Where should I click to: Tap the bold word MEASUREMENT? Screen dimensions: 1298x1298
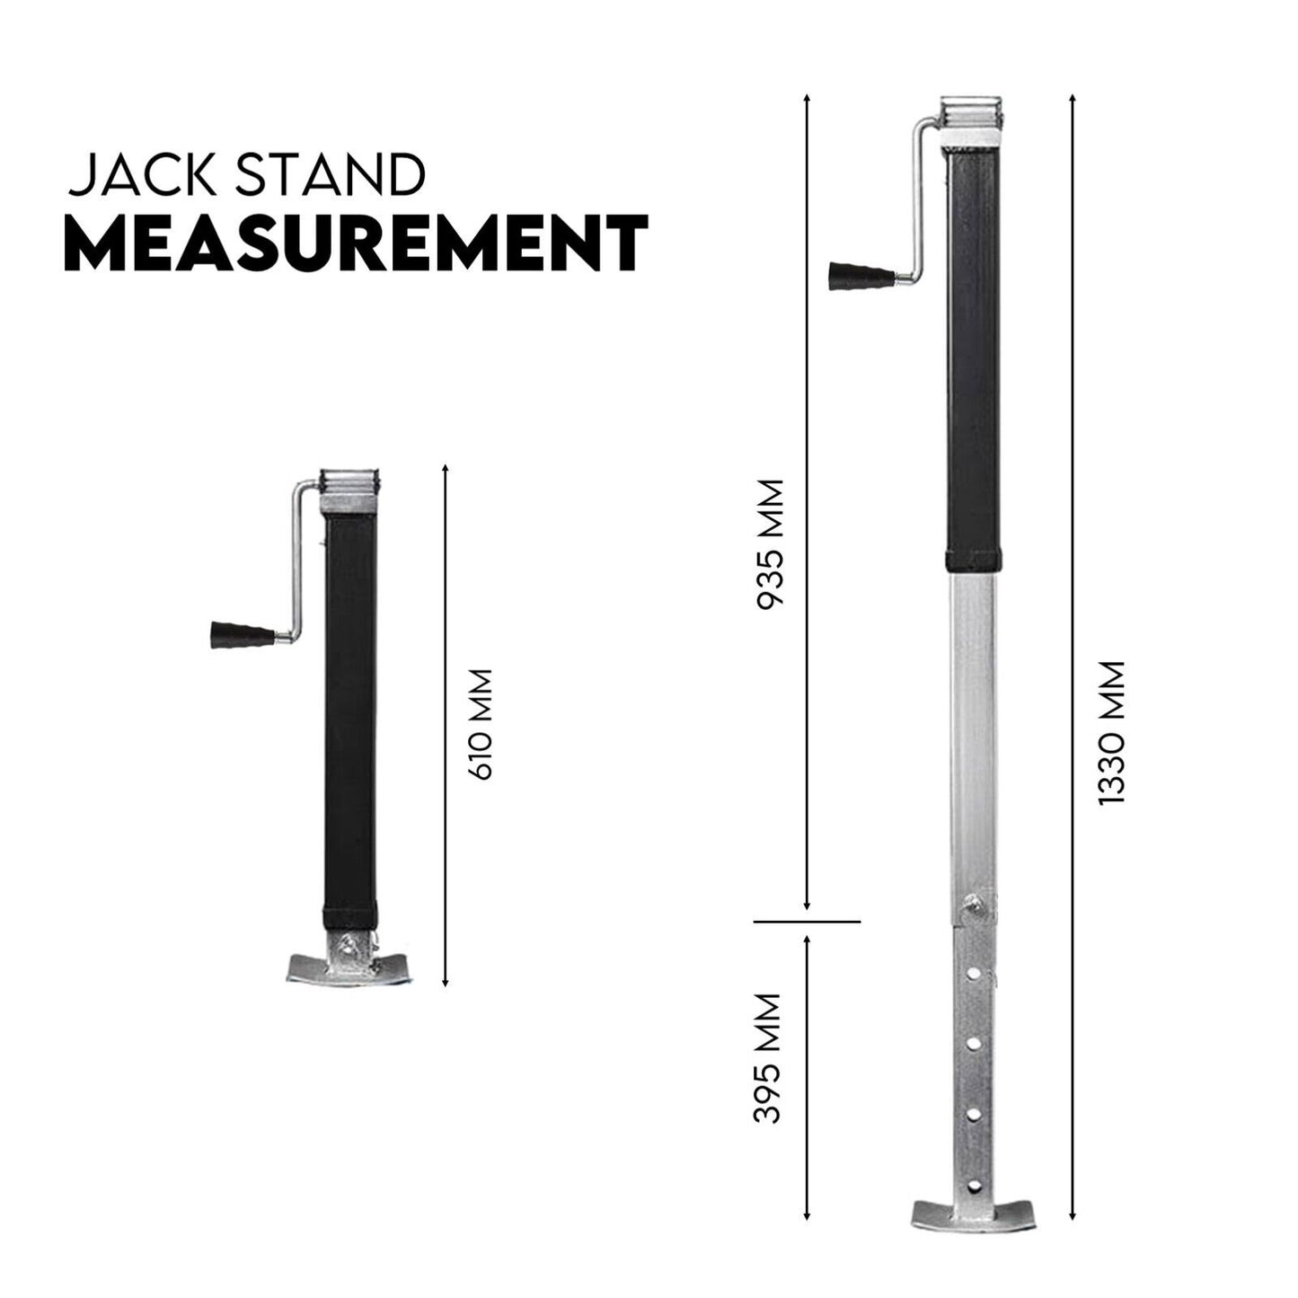[x=356, y=243]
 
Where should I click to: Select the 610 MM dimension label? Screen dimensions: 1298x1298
[x=482, y=724]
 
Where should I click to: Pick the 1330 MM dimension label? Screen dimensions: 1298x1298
[x=1112, y=733]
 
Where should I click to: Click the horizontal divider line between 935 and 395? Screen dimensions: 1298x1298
[x=807, y=922]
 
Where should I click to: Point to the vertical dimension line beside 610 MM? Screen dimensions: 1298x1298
[x=446, y=724]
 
